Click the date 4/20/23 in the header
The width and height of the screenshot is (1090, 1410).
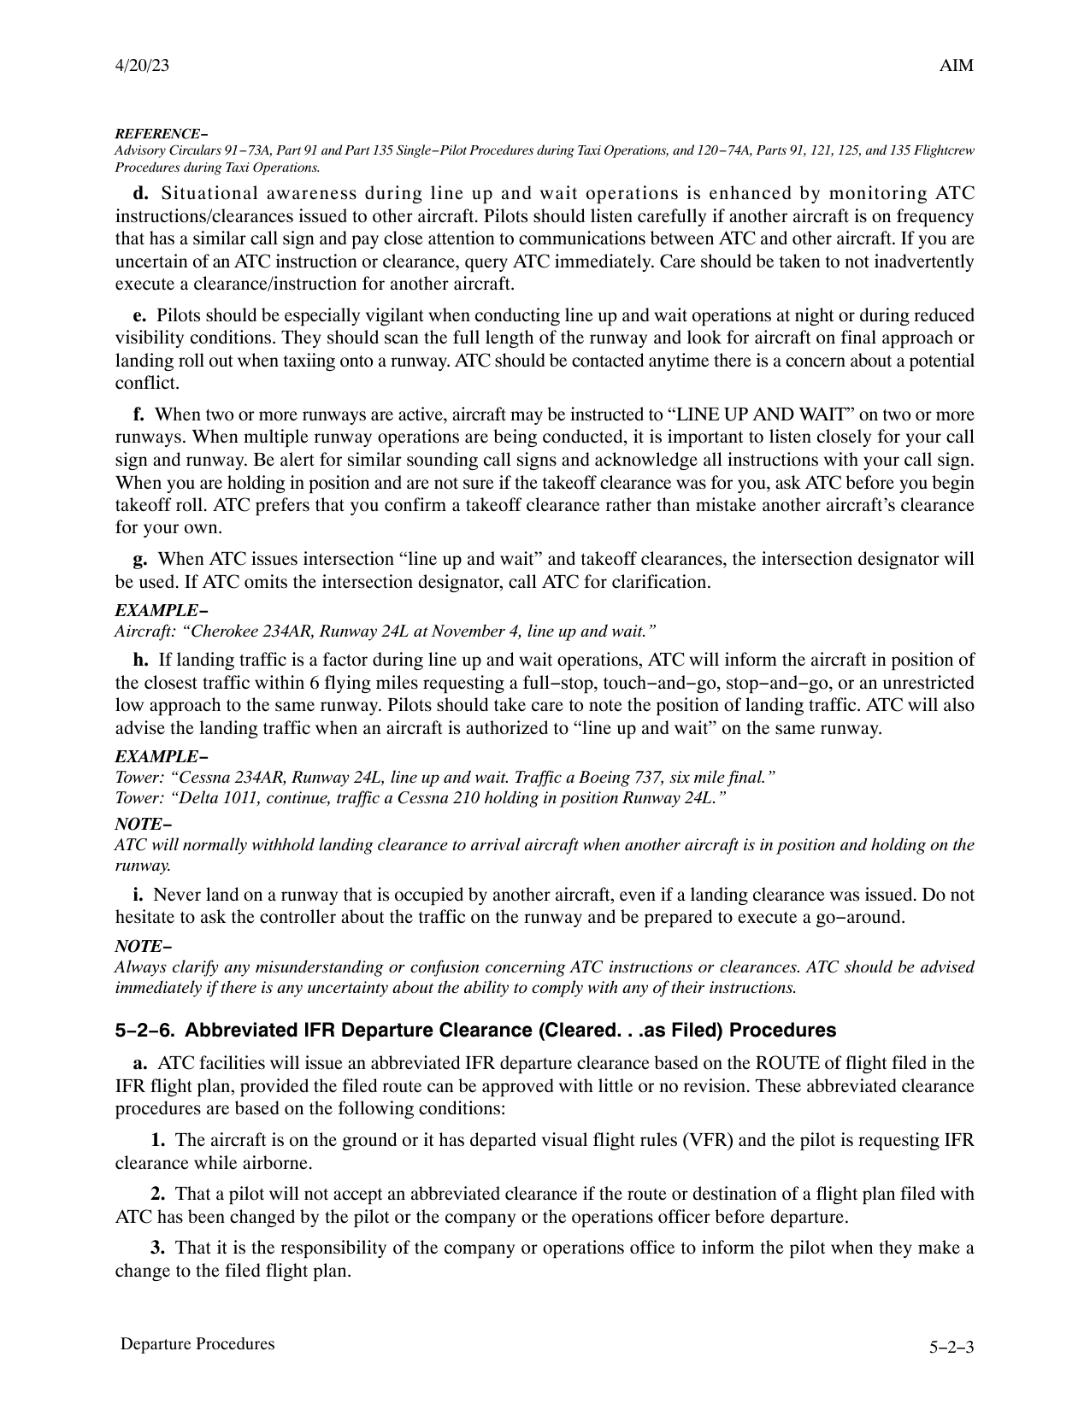142,66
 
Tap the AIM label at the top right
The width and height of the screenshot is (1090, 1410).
957,66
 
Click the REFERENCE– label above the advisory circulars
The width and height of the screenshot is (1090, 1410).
161,134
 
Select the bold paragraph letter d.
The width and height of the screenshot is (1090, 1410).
141,194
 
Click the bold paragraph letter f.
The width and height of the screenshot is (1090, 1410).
138,415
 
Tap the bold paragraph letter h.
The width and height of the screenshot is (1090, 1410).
140,661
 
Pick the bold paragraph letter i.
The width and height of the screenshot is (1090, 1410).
138,896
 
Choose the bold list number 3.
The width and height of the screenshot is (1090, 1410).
158,1248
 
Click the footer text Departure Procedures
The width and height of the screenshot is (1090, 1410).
197,1344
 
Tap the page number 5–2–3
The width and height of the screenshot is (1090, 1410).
952,1348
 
